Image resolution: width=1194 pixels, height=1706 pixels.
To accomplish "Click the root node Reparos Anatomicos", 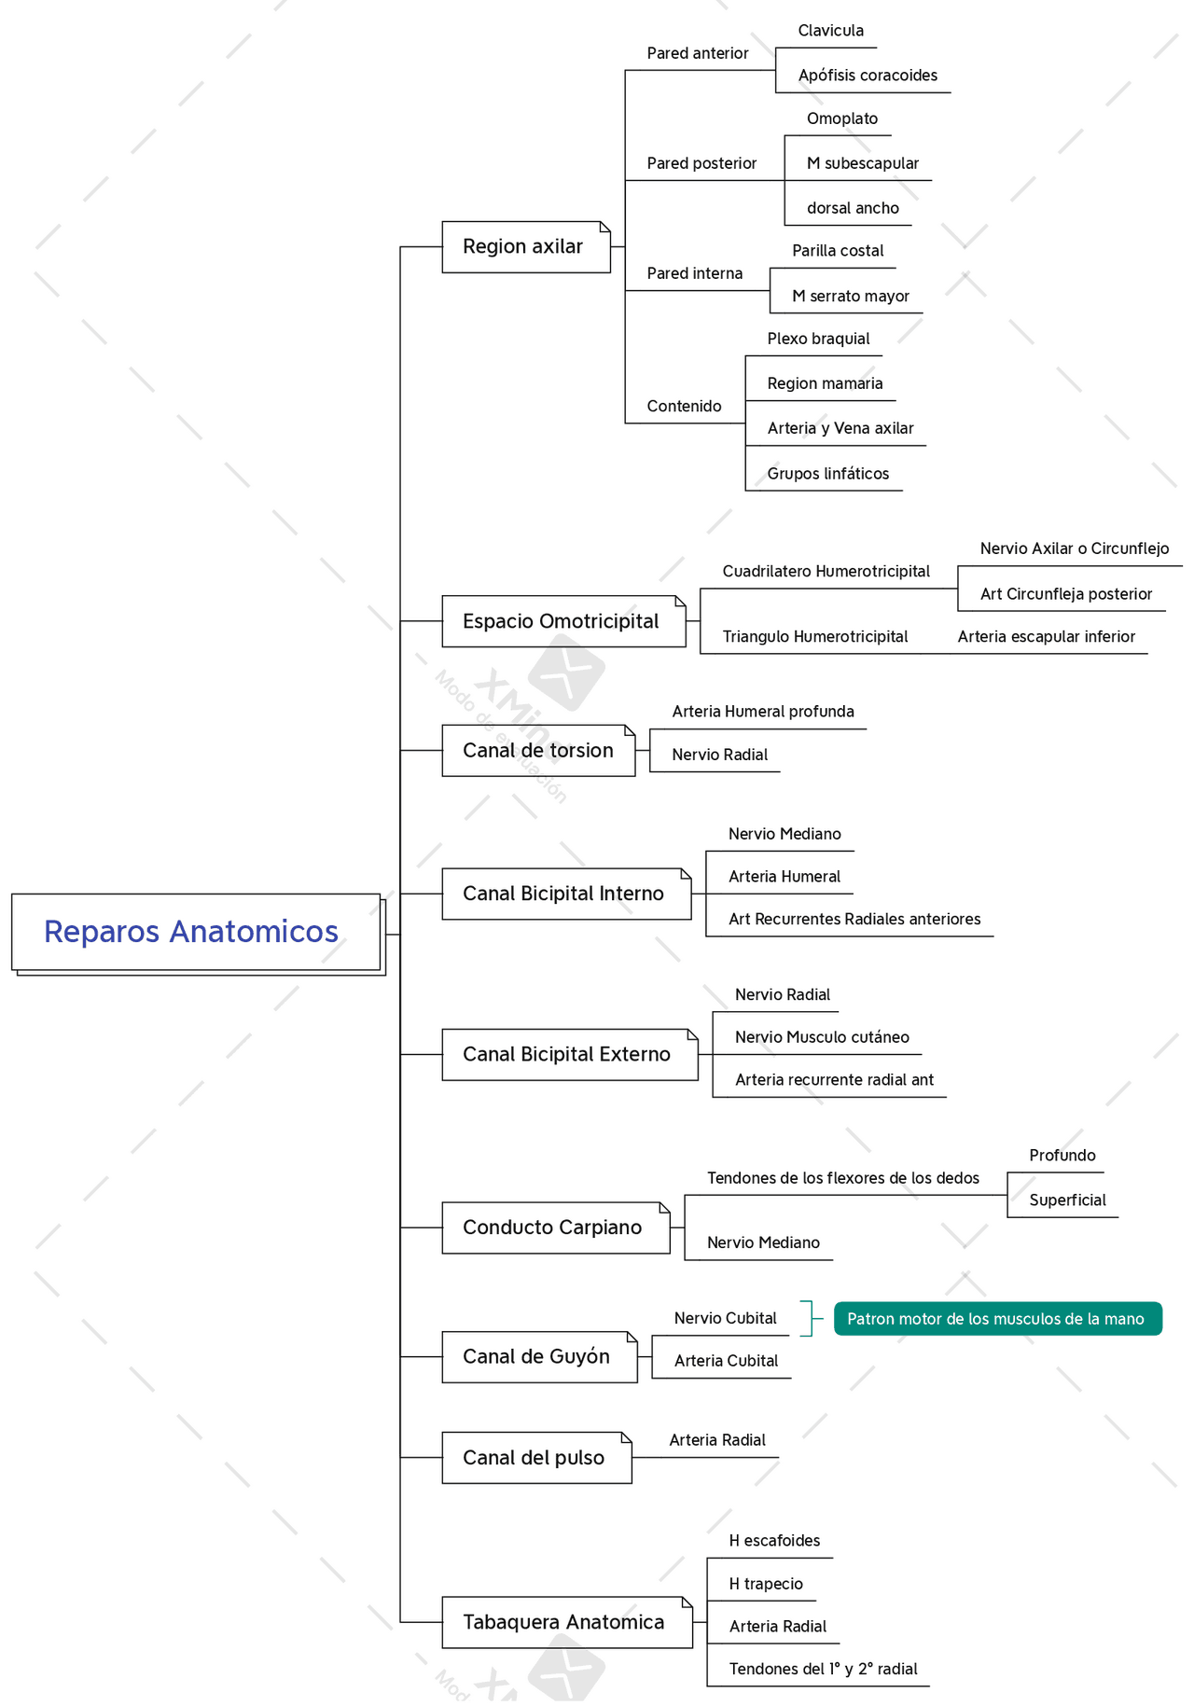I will click(196, 932).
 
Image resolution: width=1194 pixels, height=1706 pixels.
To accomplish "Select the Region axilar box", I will click(525, 247).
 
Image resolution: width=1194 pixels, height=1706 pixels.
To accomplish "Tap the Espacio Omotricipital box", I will click(562, 621).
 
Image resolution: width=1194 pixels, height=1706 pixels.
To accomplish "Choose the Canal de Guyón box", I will click(538, 1356).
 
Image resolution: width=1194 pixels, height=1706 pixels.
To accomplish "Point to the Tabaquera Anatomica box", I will click(565, 1622).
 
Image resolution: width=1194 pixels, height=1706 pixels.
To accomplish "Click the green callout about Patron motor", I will click(996, 1319).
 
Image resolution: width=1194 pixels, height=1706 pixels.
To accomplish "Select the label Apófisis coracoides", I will click(868, 76).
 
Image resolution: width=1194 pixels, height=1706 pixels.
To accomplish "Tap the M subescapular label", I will click(862, 163).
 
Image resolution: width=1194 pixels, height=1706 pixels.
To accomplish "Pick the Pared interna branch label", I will click(695, 273).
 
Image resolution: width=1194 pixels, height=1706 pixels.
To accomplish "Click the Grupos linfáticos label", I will click(827, 474).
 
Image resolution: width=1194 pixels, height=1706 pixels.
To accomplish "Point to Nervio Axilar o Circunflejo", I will click(1074, 548).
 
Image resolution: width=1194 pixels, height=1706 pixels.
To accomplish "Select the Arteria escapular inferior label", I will click(1046, 637).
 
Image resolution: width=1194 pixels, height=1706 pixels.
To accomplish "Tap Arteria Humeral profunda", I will click(762, 712).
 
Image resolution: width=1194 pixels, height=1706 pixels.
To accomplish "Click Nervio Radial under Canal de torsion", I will click(719, 755).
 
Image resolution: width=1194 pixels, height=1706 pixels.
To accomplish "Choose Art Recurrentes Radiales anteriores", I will click(854, 919).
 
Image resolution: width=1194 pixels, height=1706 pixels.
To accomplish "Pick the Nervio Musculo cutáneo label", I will click(821, 1037).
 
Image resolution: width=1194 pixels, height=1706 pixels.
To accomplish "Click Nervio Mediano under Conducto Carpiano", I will click(763, 1242).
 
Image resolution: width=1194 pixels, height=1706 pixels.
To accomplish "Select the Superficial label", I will click(1067, 1200).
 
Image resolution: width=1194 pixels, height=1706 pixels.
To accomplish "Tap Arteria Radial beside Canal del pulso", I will click(716, 1440).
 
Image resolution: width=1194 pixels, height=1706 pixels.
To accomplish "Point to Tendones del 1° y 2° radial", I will click(823, 1669).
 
